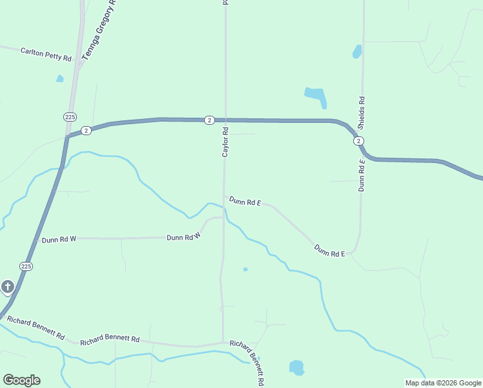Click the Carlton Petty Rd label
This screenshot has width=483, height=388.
coord(46,54)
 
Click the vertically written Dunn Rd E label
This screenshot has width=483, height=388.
coord(362,175)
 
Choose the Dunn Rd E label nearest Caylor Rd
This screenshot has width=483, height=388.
coord(245,202)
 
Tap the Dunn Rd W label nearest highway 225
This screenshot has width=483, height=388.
coord(59,239)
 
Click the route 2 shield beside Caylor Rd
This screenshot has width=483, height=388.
coord(209,120)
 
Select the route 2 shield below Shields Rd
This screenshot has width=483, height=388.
coord(358,141)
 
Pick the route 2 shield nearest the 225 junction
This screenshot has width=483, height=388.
coord(87,130)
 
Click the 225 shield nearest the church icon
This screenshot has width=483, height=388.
coord(26,266)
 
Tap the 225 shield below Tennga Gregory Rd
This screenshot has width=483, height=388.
coord(70,116)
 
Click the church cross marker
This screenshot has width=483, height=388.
coord(8,286)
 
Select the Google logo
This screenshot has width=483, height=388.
coord(21,380)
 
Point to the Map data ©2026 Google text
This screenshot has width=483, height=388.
coord(442,383)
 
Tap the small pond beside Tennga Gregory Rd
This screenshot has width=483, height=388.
coord(60,79)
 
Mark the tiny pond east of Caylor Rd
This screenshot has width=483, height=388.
coord(245,269)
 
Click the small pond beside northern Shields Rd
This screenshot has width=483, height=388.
coord(357,52)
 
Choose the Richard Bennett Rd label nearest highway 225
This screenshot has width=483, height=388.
coord(36,328)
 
